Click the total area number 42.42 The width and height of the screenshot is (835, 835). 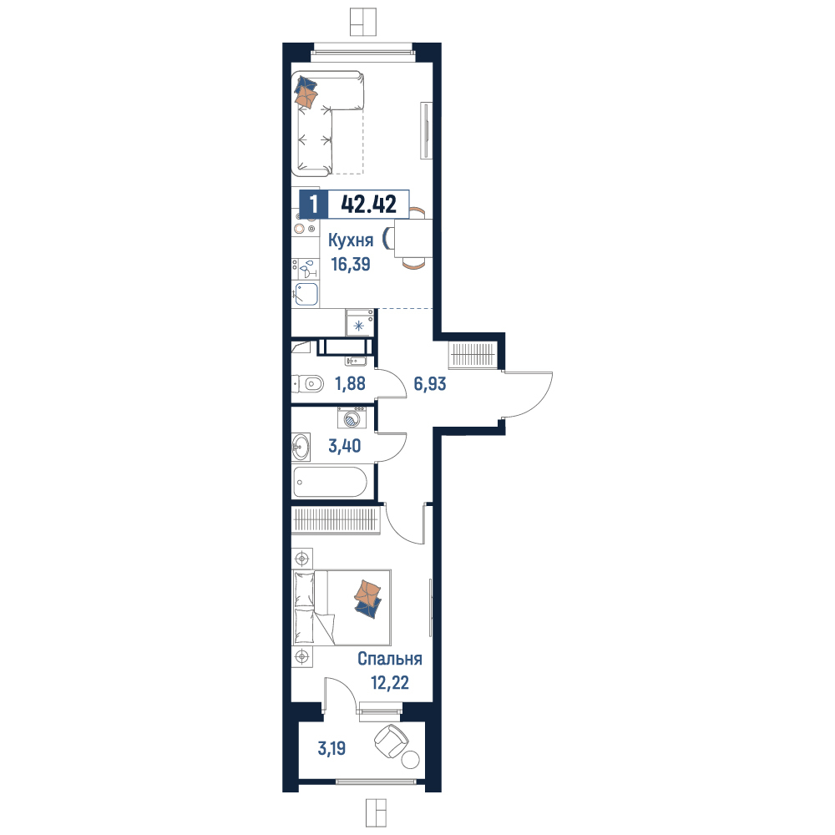(x=368, y=204)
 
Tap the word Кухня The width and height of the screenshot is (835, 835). (x=351, y=240)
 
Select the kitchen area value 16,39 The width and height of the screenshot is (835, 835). (x=351, y=264)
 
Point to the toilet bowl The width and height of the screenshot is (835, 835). (x=308, y=383)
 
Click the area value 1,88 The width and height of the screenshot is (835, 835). (x=350, y=383)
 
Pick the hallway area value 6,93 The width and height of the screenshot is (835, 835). (x=430, y=383)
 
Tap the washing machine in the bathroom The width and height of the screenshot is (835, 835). (x=352, y=417)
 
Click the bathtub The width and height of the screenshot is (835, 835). (x=330, y=482)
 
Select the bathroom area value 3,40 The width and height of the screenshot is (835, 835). (x=345, y=446)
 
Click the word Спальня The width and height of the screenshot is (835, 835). (x=390, y=659)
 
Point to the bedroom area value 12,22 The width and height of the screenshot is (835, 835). (x=390, y=683)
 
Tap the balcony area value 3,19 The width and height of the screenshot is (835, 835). (x=331, y=748)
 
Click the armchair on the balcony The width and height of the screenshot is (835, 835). (x=392, y=741)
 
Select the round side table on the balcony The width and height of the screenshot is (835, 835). (x=410, y=759)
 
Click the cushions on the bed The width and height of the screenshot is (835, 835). (x=368, y=599)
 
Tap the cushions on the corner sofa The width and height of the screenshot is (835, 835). (x=306, y=93)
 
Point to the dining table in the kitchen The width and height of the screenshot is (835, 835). (x=413, y=239)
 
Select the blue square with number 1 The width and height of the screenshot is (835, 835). (x=314, y=204)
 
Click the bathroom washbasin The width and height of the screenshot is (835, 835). (x=301, y=446)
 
